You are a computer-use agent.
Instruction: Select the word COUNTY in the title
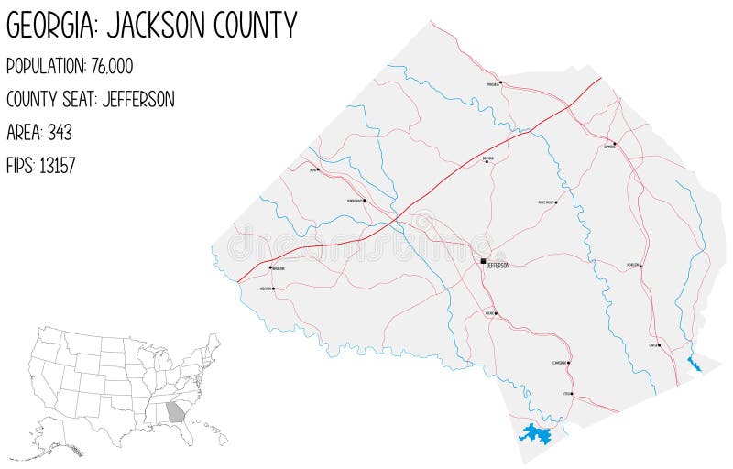point(257,26)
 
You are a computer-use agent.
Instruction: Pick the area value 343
point(60,132)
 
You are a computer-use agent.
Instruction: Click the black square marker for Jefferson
point(484,261)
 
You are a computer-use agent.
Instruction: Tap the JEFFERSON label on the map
point(498,266)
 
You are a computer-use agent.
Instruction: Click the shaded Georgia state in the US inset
point(175,411)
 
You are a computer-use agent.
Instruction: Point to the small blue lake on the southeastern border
point(694,365)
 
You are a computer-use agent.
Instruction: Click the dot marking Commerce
point(614,144)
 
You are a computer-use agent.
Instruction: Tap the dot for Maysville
point(501,82)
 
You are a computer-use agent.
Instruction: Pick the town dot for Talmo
point(318,169)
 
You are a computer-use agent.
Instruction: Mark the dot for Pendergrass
point(365,200)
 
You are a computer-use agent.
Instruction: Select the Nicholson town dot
point(640,267)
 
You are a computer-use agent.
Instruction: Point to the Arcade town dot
point(496,313)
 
